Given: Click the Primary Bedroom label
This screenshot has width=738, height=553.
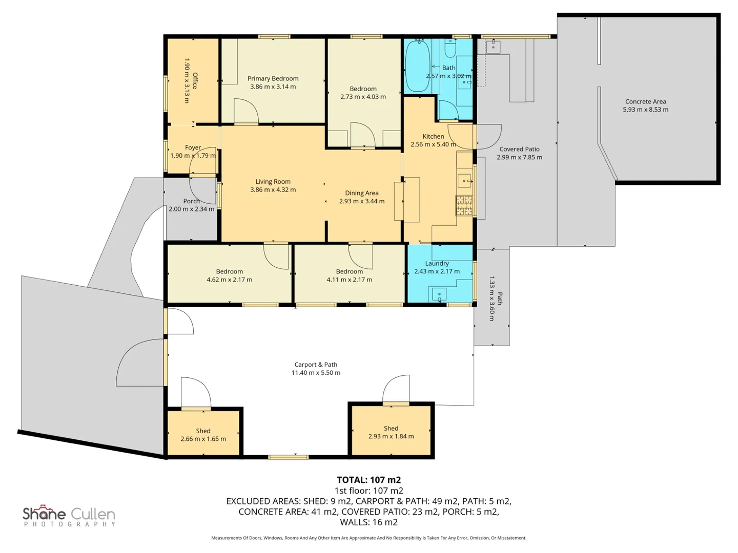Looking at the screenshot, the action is pyautogui.click(x=273, y=78).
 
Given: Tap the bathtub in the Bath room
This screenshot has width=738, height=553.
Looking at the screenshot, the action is pyautogui.click(x=418, y=66).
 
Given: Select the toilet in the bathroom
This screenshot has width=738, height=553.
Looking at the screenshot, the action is pyautogui.click(x=449, y=49).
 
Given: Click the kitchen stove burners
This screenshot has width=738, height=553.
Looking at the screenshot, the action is pyautogui.click(x=464, y=205).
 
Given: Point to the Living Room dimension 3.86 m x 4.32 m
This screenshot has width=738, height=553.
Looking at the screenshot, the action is pyautogui.click(x=273, y=189).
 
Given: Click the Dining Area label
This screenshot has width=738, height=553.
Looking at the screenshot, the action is pyautogui.click(x=361, y=193).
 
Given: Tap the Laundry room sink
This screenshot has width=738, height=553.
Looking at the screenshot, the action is pyautogui.click(x=439, y=294).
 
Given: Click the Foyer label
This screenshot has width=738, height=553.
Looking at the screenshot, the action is pyautogui.click(x=193, y=147).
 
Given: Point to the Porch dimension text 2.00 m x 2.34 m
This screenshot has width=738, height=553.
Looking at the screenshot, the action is pyautogui.click(x=191, y=209).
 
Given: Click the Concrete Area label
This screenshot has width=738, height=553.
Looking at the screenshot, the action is pyautogui.click(x=645, y=101).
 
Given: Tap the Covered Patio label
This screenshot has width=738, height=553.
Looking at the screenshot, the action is pyautogui.click(x=519, y=149).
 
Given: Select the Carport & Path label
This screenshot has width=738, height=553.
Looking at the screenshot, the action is pyautogui.click(x=315, y=364).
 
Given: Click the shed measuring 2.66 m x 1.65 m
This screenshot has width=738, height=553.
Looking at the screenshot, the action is pyautogui.click(x=203, y=433).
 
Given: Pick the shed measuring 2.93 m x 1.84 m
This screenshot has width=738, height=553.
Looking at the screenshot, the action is pyautogui.click(x=391, y=431).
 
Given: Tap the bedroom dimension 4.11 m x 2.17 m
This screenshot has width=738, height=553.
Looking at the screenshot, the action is pyautogui.click(x=350, y=280).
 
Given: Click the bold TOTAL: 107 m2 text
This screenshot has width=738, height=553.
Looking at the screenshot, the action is pyautogui.click(x=369, y=480).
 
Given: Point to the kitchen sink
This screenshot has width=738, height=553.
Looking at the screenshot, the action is pyautogui.click(x=464, y=181).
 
